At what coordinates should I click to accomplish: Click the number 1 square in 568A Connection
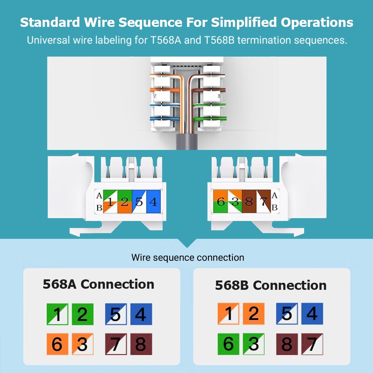[x=57, y=314]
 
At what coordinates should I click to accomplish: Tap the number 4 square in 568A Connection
[x=141, y=314]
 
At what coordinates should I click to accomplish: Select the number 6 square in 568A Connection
[x=57, y=344]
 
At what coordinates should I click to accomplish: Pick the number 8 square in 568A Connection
[x=141, y=344]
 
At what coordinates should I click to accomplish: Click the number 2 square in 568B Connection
[x=253, y=314]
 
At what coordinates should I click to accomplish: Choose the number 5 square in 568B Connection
[x=286, y=314]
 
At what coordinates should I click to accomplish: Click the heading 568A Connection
[x=98, y=284]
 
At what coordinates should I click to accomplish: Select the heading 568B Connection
[x=271, y=285]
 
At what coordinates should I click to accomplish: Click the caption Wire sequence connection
[x=188, y=257]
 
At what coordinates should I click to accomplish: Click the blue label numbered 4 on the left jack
[x=153, y=202]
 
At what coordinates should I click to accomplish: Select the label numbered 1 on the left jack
[x=110, y=202]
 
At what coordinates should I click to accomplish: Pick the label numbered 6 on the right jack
[x=220, y=202]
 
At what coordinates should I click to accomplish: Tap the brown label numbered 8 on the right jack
[x=249, y=202]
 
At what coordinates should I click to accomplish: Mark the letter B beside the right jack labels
[x=275, y=208]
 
